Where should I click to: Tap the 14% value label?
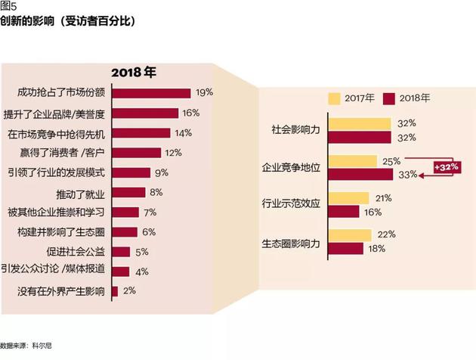[x=183, y=133]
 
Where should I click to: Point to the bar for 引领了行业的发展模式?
[x=130, y=172]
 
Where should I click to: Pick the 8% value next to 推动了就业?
[x=156, y=192]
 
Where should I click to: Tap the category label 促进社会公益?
[x=79, y=251]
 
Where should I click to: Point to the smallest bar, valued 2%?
[x=114, y=291]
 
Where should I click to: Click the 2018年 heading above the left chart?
[x=133, y=73]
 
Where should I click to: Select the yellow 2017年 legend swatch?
[x=335, y=98]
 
